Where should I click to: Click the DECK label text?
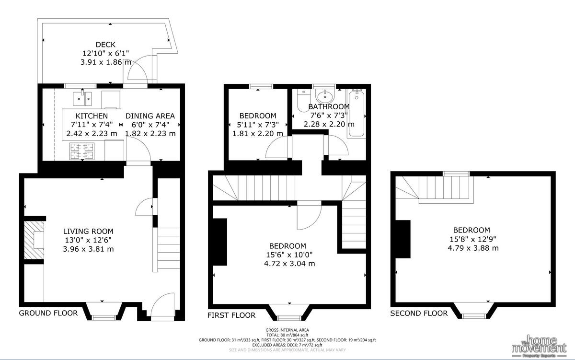[x=105, y=45]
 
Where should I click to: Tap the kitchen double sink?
[x=82, y=98]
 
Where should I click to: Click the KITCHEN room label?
[x=92, y=116]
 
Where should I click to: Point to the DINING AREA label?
[x=150, y=116]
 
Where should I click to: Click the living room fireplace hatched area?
[x=34, y=242]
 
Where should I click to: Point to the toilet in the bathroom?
[x=303, y=100]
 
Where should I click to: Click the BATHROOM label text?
[x=329, y=106]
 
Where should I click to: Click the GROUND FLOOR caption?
[x=48, y=313]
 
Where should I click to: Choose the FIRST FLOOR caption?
[x=231, y=315]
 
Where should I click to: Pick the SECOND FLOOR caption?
[x=419, y=314]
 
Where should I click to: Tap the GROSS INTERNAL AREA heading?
[x=287, y=330]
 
